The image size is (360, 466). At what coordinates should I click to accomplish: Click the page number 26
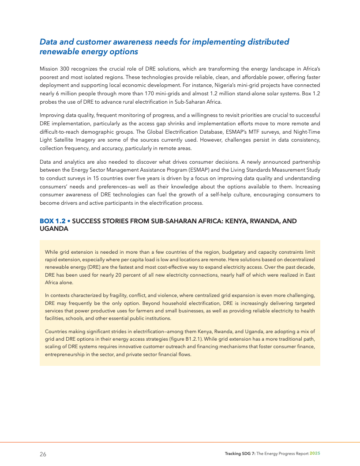pos(43,454)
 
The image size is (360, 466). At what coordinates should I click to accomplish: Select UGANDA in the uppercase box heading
pos(54,229)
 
